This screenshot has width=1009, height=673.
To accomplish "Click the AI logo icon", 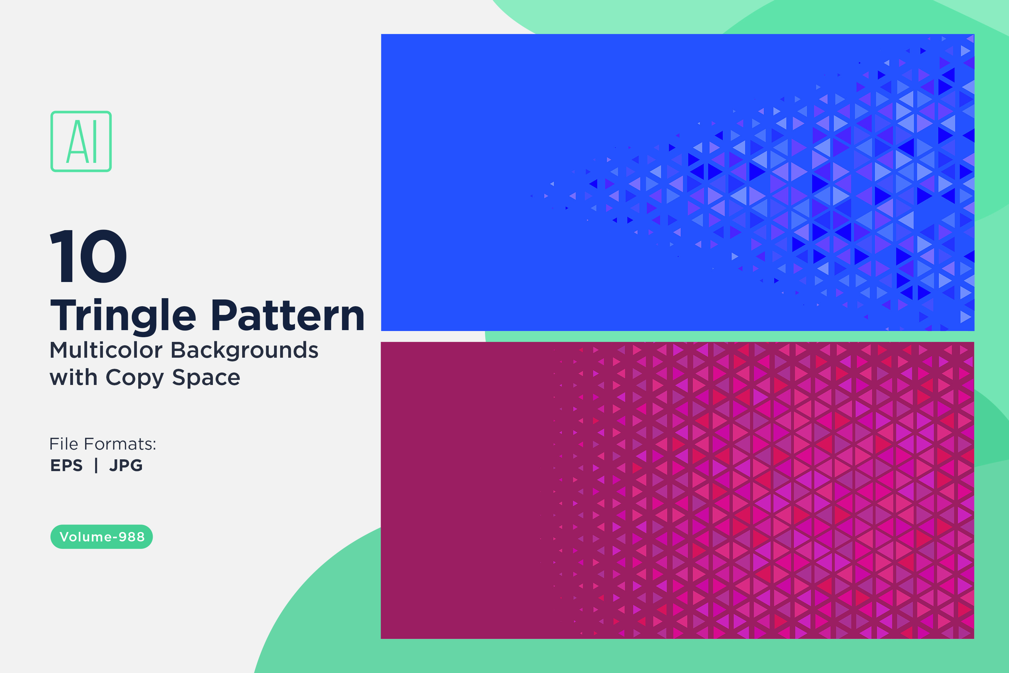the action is [x=81, y=141].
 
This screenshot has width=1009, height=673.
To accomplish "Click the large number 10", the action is [x=88, y=256].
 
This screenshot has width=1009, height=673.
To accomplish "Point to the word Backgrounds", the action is [x=245, y=351].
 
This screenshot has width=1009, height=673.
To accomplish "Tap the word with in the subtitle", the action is [x=73, y=377].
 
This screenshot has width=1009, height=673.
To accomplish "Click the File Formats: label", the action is [x=103, y=444].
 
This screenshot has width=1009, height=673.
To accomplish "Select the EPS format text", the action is [x=67, y=465].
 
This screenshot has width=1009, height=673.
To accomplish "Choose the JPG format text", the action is [x=126, y=465].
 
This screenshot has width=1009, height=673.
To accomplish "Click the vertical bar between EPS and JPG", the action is [x=96, y=465].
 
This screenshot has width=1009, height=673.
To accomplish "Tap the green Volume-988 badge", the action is [x=102, y=536].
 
